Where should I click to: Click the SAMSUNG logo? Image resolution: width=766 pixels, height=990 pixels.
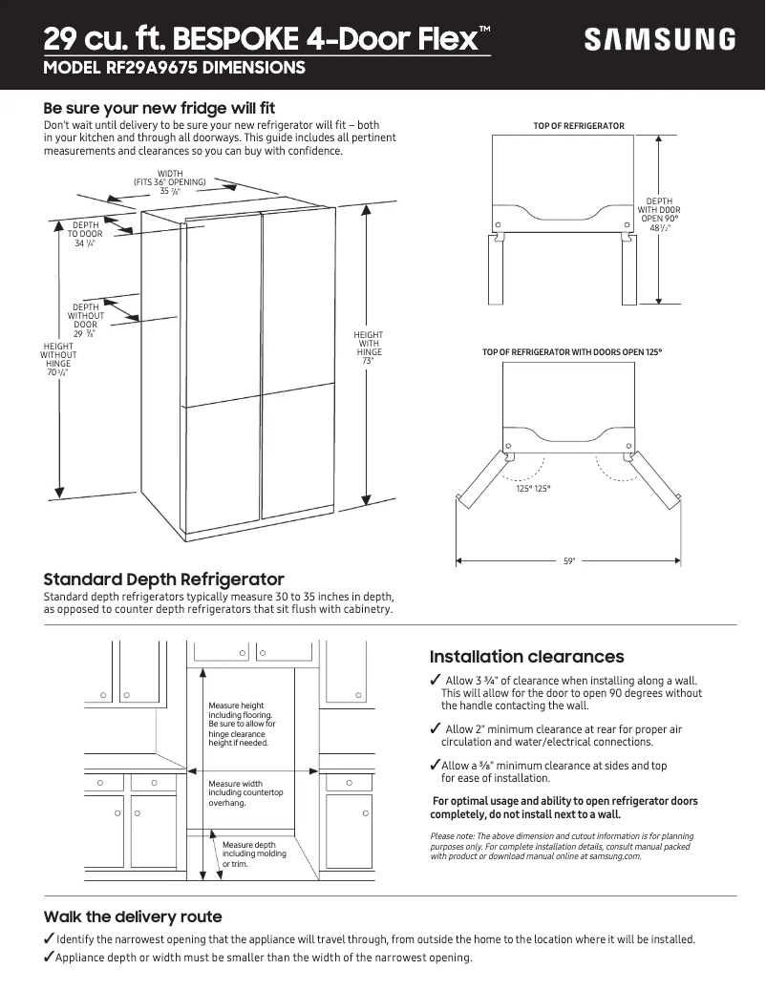[x=660, y=40]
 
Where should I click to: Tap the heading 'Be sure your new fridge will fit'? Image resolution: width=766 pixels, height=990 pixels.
[x=160, y=108]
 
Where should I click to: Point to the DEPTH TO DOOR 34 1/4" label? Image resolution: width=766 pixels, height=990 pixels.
[x=85, y=234]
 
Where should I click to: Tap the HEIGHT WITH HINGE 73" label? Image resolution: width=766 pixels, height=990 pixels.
[x=368, y=348]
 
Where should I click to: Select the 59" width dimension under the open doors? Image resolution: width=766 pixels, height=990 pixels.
[x=569, y=561]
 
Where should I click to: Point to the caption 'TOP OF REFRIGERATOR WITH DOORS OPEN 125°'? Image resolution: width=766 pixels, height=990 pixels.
[x=572, y=352]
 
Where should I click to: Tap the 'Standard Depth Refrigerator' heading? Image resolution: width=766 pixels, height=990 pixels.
[x=164, y=579]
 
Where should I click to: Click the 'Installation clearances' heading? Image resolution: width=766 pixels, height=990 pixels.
[x=526, y=657]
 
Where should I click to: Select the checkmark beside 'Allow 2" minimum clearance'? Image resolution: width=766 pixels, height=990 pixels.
[x=436, y=729]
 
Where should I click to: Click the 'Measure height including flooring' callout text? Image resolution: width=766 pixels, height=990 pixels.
[x=241, y=724]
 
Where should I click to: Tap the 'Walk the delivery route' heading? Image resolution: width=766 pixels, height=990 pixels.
[x=133, y=916]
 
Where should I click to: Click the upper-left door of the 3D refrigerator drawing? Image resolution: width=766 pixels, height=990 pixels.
[x=223, y=305]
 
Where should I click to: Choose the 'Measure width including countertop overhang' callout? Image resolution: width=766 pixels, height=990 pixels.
[x=245, y=793]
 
